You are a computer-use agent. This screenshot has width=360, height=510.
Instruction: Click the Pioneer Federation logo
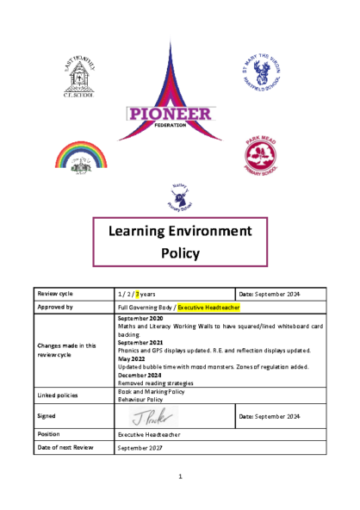tap(180, 112)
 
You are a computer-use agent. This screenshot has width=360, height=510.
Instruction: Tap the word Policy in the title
tap(180, 253)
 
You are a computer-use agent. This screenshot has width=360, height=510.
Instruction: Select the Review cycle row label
tap(53, 294)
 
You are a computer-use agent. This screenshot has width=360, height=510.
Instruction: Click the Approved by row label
tap(53, 306)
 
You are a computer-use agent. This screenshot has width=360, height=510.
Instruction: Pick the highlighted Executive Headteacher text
tap(208, 306)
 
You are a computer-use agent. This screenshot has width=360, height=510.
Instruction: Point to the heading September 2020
tap(142, 318)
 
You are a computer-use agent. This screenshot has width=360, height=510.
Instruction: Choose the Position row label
tap(49, 434)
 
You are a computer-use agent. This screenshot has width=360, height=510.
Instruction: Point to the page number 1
tap(180, 476)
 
